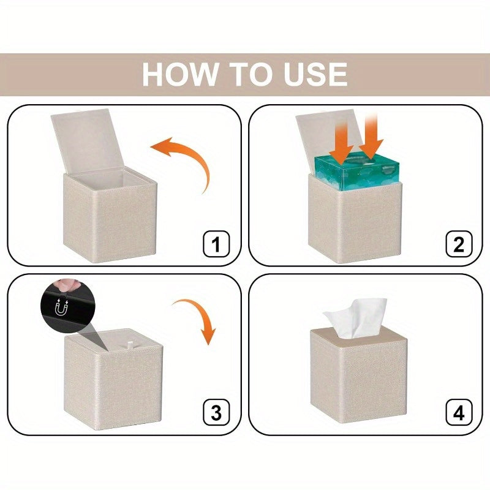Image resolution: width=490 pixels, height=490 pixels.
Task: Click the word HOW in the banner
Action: tap(179, 74)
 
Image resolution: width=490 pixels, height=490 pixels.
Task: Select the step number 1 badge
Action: tap(216, 244)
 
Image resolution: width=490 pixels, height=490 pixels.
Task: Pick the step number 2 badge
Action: tap(458, 244)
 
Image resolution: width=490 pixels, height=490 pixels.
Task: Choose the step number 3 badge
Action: tap(216, 412)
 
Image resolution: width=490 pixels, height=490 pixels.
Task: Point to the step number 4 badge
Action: tap(458, 412)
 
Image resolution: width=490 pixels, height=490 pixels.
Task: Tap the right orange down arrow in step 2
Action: tap(371, 137)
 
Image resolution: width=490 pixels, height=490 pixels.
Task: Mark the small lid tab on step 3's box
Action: tap(130, 344)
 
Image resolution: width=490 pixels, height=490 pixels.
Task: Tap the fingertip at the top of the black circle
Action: tap(62, 285)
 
